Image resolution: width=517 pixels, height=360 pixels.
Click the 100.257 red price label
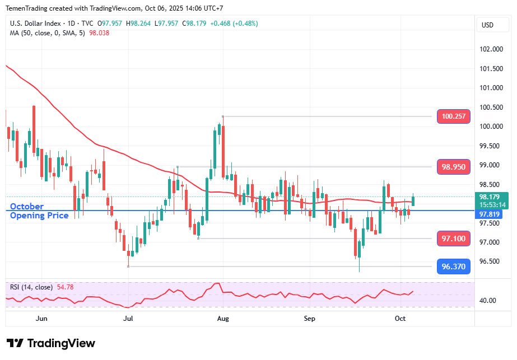(x=453, y=116)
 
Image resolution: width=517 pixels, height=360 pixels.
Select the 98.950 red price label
(x=453, y=167)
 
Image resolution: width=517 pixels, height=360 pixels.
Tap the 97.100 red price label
(x=453, y=239)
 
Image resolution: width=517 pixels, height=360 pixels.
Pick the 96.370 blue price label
(x=453, y=267)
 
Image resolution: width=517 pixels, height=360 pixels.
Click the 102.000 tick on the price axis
(x=491, y=49)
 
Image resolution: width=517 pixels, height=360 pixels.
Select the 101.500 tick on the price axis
(x=491, y=69)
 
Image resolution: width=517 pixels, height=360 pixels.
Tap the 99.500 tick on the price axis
(x=491, y=146)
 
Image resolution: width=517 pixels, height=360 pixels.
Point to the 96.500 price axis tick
(x=491, y=261)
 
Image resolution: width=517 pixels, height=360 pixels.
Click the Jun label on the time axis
(x=41, y=319)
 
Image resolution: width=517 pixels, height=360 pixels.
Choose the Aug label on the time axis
(x=223, y=319)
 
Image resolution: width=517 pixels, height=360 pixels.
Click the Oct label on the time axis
(x=400, y=319)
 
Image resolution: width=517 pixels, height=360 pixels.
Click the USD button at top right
(x=487, y=25)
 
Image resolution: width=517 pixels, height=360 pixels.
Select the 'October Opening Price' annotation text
(x=39, y=211)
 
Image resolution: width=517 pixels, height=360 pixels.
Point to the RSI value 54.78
(x=66, y=287)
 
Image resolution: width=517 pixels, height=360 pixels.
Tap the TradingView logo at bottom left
(x=51, y=343)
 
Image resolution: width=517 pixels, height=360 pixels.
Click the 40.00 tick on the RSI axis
(x=488, y=300)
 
